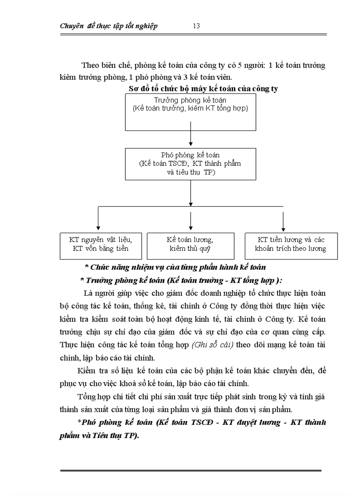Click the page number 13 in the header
(196, 26)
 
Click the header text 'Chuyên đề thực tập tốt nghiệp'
(109, 26)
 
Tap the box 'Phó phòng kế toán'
(190, 164)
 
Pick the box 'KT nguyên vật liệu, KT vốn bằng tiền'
(101, 246)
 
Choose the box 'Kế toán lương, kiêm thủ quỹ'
(190, 246)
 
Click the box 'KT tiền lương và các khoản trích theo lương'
(291, 246)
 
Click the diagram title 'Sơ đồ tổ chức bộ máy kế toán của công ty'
(203, 89)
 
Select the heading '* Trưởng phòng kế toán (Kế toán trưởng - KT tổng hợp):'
(181, 280)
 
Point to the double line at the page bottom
(191, 471)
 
